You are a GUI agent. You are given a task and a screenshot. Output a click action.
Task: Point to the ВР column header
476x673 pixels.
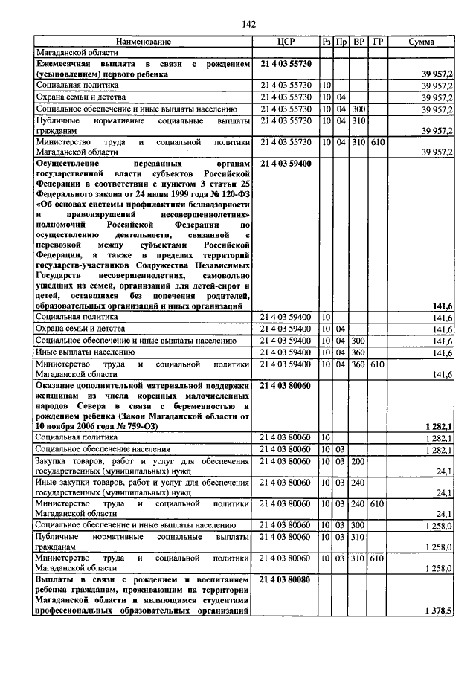tap(359, 42)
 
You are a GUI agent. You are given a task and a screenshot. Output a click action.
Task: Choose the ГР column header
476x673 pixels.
tap(377, 42)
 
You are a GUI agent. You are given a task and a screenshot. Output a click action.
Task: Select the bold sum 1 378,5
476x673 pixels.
tap(439, 610)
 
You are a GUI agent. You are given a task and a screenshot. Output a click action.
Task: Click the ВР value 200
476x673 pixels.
tap(358, 461)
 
